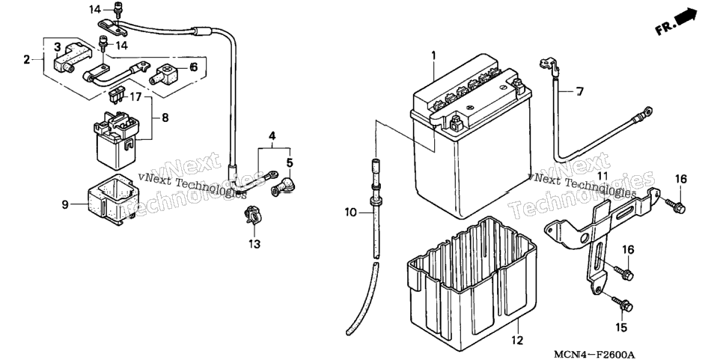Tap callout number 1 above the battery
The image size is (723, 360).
pyautogui.click(x=433, y=55)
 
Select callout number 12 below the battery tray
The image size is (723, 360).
pyautogui.click(x=517, y=341)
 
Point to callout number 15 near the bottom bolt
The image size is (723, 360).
pyautogui.click(x=621, y=328)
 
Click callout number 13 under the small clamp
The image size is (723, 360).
pyautogui.click(x=254, y=244)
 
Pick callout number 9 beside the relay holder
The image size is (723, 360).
pyautogui.click(x=65, y=204)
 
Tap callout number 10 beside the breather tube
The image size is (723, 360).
pyautogui.click(x=350, y=213)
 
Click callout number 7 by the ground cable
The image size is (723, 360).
pyautogui.click(x=579, y=92)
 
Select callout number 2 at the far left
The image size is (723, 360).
pyautogui.click(x=27, y=59)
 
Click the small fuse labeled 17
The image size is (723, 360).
pyautogui.click(x=116, y=97)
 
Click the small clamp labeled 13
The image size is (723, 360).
pyautogui.click(x=252, y=216)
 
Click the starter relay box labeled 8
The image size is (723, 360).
pyautogui.click(x=117, y=140)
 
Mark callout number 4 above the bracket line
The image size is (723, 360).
pyautogui.click(x=272, y=136)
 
